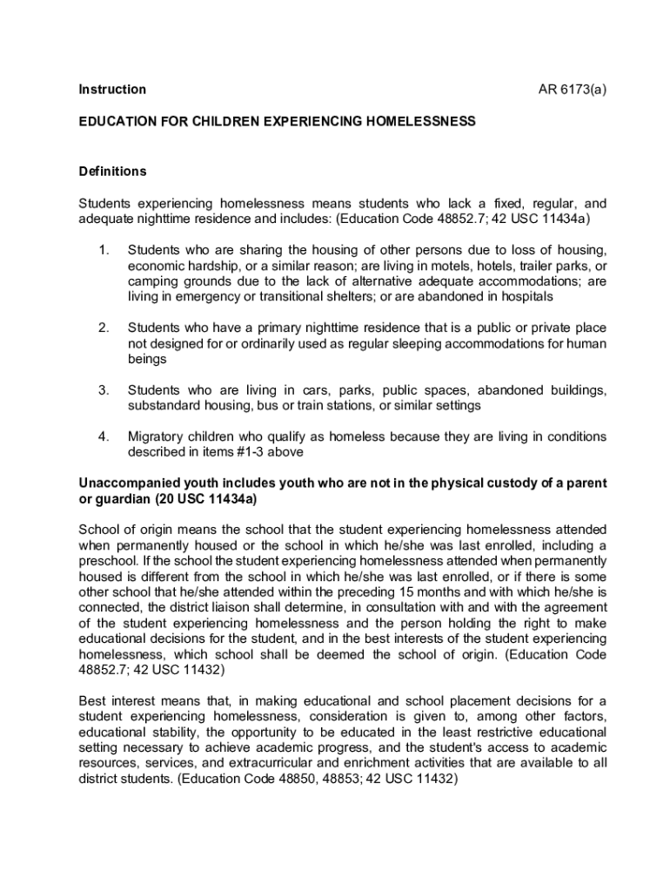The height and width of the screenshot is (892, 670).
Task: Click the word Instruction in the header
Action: [x=112, y=90]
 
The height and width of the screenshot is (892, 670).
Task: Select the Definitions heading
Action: [x=112, y=171]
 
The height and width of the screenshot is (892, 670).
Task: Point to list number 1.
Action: [x=103, y=251]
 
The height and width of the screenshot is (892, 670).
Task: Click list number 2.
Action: [x=103, y=328]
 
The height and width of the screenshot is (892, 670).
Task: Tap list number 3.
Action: [x=103, y=389]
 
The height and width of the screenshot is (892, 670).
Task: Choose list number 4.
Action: [x=103, y=436]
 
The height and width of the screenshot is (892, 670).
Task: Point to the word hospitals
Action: [x=521, y=297]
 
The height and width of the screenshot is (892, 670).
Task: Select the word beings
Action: [x=146, y=359]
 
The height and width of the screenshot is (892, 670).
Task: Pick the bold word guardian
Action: [x=121, y=499]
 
